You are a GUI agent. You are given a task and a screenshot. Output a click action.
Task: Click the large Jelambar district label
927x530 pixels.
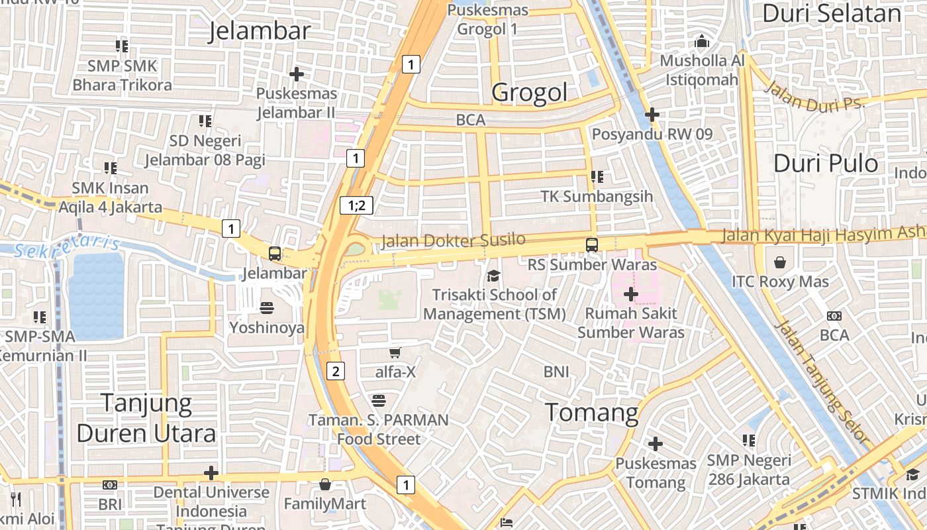tap(260, 31)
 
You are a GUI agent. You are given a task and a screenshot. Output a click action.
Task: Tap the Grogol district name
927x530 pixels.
tap(529, 93)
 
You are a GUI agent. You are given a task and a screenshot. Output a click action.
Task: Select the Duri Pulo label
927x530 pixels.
tap(826, 163)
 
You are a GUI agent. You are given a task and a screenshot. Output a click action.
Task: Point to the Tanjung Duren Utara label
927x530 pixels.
tap(146, 417)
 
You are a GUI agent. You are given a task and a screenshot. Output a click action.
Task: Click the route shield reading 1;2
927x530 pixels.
tap(356, 205)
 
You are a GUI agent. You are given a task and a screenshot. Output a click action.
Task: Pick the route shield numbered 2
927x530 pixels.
tap(336, 371)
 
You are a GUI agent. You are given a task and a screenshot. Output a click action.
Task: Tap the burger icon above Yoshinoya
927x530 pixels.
tap(267, 308)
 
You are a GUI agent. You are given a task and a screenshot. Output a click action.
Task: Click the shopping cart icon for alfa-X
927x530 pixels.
tap(395, 352)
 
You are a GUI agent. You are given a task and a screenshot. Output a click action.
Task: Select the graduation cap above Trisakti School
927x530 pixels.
tap(493, 276)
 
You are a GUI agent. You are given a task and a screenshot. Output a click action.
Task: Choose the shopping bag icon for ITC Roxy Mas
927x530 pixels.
tap(780, 262)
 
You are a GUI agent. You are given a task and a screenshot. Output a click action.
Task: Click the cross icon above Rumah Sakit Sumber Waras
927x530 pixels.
tap(630, 293)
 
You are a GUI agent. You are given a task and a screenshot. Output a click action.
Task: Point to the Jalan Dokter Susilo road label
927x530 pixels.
tap(453, 241)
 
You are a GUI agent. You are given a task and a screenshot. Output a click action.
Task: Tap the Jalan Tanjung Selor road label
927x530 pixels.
tap(821, 382)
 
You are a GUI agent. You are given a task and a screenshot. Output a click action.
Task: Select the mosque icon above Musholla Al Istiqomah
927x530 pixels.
tap(702, 41)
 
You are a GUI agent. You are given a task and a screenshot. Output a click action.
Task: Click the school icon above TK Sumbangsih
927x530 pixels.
tap(597, 177)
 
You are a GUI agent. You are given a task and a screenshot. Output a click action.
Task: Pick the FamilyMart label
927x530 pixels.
tap(324, 504)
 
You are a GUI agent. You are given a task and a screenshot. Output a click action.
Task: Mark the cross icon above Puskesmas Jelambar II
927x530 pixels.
tap(297, 74)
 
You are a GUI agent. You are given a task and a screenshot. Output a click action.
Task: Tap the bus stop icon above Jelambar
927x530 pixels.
tap(274, 253)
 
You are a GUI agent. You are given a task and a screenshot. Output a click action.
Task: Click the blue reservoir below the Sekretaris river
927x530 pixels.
tap(96, 295)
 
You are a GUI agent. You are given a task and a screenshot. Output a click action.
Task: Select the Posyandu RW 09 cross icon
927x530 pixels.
tap(652, 115)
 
